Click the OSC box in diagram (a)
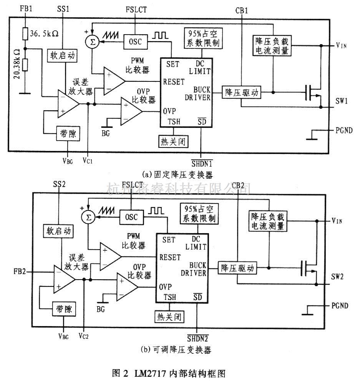pos(135,41)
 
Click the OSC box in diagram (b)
pos(131,217)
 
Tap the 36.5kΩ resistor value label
pos(45,33)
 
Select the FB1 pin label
pos(26,8)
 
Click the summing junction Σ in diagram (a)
pos(91,41)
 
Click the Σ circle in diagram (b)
pos(88,218)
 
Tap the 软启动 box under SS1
pos(61,55)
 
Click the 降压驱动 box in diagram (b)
pos(237,268)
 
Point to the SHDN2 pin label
pos(197,339)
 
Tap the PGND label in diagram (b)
pos(340,306)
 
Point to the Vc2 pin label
pos(84,337)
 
